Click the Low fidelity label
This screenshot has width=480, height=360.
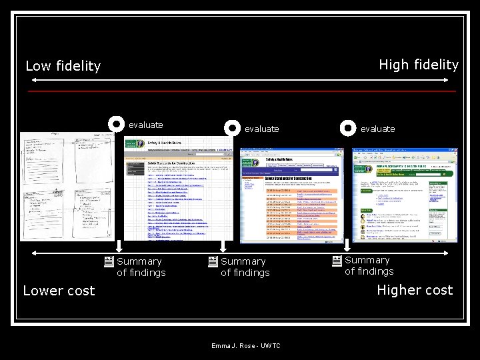[63, 66]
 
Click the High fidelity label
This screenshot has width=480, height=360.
[418, 65]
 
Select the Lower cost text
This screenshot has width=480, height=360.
[59, 291]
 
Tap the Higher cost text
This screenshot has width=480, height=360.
[414, 290]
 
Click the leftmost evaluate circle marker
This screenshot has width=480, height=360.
[116, 124]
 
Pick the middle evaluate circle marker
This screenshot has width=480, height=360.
[232, 127]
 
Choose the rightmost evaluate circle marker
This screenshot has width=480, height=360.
[348, 127]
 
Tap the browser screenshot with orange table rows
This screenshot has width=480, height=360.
[291, 195]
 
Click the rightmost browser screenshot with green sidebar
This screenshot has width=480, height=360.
[405, 195]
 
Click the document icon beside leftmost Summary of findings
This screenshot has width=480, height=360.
[108, 262]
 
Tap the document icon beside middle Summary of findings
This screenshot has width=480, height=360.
[213, 262]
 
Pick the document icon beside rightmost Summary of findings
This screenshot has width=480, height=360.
[337, 261]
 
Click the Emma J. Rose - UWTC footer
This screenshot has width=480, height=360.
[245, 346]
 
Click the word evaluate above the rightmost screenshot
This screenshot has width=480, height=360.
[377, 129]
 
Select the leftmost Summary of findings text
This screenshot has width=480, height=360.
[141, 267]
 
